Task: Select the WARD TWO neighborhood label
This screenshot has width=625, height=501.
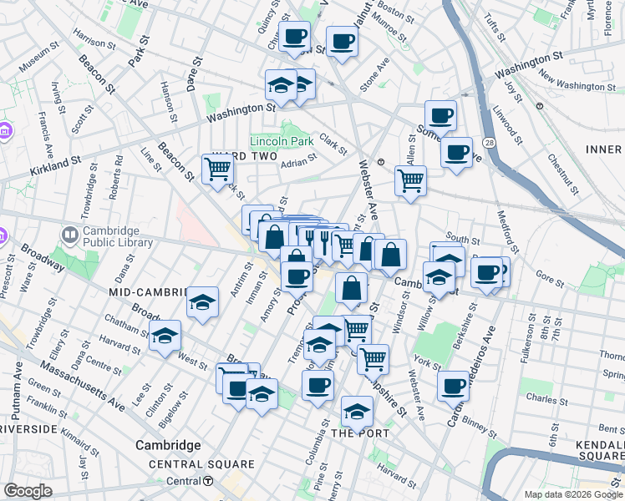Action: [243, 157]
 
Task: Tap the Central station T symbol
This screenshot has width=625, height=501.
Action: [208, 481]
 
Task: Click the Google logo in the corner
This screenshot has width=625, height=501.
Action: [28, 491]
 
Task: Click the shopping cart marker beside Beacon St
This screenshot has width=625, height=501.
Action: [217, 169]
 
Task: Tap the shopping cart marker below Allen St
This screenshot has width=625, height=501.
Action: [410, 180]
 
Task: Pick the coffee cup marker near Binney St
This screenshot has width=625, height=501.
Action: [453, 386]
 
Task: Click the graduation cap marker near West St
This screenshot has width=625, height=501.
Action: [165, 337]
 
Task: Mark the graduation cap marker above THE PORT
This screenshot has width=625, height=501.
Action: [357, 411]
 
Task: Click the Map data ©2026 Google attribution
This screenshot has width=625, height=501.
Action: [574, 494]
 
